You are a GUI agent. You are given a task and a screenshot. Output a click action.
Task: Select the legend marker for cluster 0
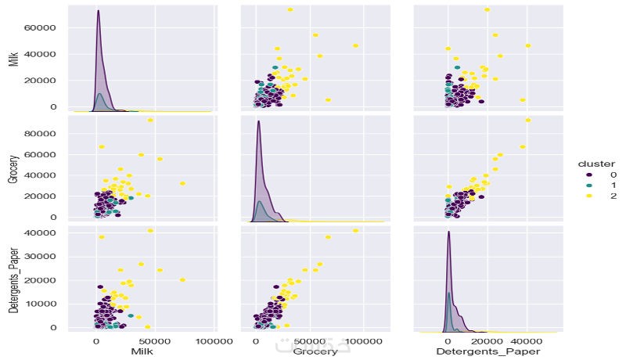[x=581, y=175]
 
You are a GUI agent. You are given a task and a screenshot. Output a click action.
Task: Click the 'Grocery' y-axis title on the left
[x=13, y=168]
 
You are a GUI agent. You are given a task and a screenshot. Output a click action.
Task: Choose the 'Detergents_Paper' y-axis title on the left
[x=13, y=279]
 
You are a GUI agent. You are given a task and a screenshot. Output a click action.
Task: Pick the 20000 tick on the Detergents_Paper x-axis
[x=487, y=341]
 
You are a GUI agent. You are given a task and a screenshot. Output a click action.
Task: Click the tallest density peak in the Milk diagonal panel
[x=98, y=11]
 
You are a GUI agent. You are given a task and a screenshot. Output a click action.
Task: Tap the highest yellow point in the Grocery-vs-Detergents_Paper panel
[x=528, y=120]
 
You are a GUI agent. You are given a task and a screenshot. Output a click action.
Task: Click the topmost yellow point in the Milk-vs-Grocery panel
[x=290, y=9]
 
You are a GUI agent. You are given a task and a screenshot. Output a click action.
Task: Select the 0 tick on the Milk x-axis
[x=95, y=341]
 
